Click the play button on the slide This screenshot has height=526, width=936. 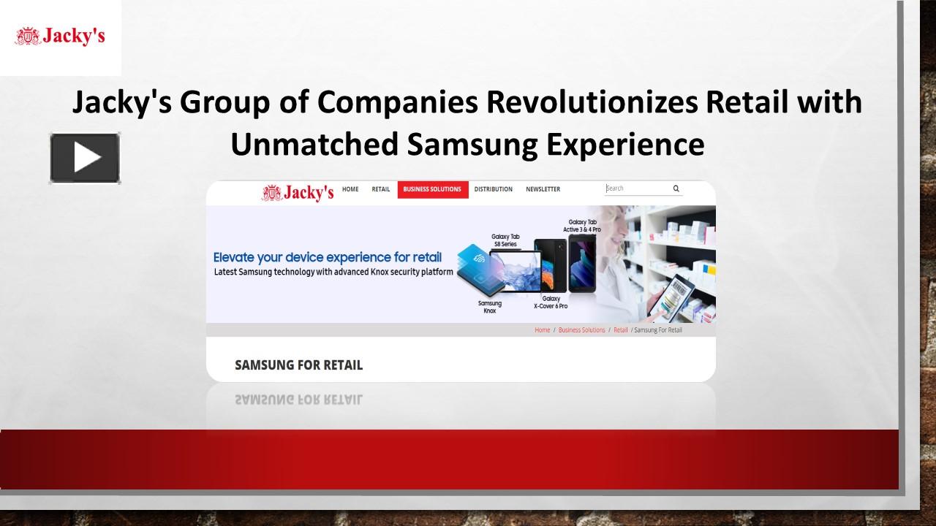(85, 158)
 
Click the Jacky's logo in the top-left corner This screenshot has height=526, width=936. (60, 36)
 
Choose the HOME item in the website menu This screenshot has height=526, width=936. (350, 189)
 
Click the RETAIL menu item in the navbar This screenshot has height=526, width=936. (381, 189)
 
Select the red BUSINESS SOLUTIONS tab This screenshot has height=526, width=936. (432, 189)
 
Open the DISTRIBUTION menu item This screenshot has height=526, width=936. (493, 189)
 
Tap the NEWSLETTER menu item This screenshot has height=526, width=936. (543, 189)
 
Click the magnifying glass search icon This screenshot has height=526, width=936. (676, 188)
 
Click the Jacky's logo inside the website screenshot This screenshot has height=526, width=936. (298, 192)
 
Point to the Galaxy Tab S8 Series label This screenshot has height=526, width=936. (505, 240)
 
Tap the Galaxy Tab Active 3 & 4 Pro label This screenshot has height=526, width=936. (582, 226)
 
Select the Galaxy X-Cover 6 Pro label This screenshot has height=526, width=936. (551, 302)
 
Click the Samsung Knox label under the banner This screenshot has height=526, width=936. (490, 307)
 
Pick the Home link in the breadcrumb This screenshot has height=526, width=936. (542, 330)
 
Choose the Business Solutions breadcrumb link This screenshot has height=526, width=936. (581, 330)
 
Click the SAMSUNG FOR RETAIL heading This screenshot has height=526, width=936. (298, 365)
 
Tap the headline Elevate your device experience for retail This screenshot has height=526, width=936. (327, 257)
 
